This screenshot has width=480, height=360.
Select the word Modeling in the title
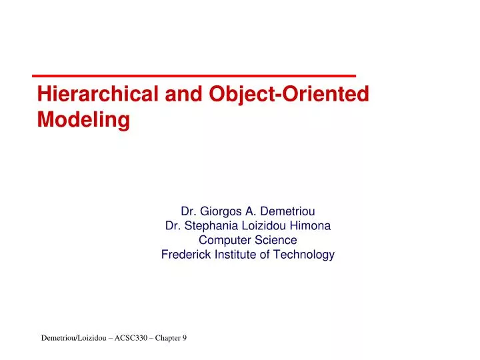83,120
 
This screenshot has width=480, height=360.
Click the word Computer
224,240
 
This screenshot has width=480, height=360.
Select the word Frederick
185,254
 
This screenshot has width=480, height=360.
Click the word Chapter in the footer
167,339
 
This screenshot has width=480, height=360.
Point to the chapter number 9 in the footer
185,339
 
